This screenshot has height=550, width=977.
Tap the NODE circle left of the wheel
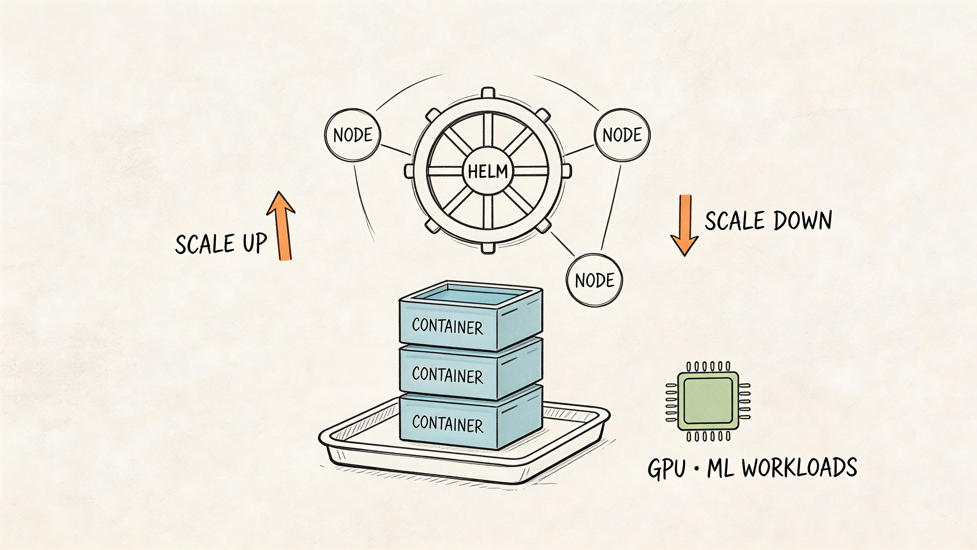click(353, 135)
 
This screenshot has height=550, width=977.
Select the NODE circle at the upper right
click(622, 135)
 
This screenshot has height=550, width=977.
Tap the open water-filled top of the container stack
click(470, 295)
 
